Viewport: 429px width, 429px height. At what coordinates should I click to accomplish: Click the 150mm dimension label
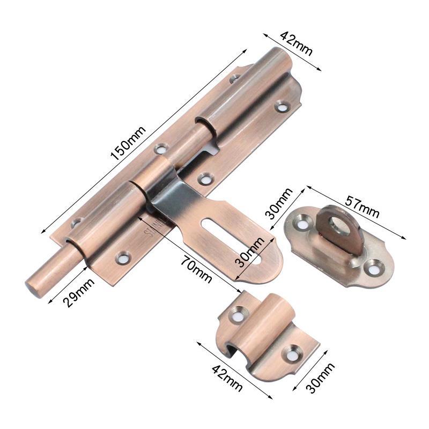pyautogui.click(x=128, y=143)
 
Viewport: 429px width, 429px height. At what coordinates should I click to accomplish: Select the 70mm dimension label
pyautogui.click(x=196, y=269)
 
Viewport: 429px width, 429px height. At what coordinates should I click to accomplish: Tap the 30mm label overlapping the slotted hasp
pyautogui.click(x=250, y=252)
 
